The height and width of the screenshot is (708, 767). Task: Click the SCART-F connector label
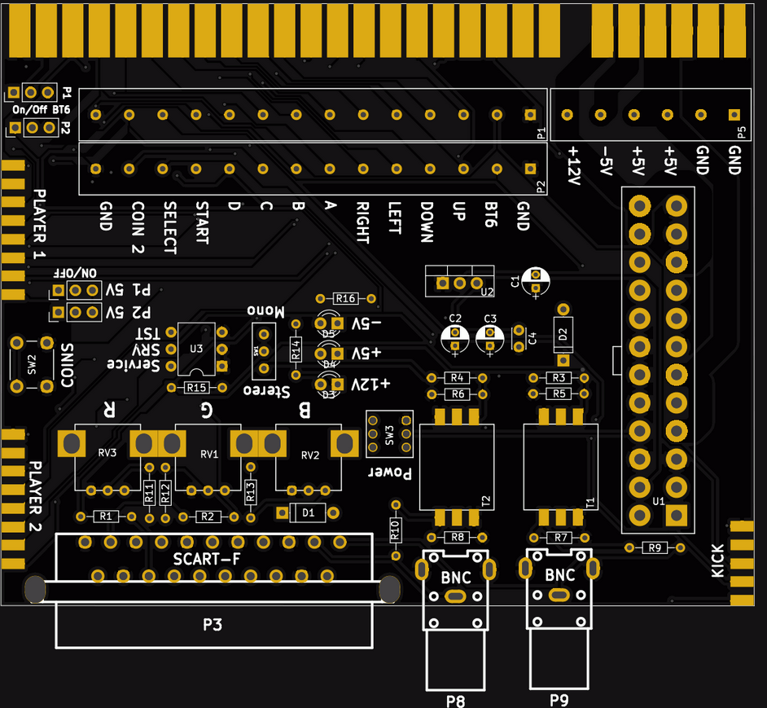(207, 560)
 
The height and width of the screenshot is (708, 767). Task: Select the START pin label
(201, 223)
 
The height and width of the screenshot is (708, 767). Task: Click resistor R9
(655, 547)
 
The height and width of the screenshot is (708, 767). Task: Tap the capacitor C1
(535, 281)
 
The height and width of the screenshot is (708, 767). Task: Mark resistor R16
(346, 298)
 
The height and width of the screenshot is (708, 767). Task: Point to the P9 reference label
(559, 698)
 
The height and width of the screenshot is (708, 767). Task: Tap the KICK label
(717, 561)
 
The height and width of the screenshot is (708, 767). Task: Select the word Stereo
(268, 391)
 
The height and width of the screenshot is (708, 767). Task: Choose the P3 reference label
(213, 625)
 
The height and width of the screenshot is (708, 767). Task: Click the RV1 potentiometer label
(209, 454)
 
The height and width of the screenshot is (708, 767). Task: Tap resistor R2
(207, 517)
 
